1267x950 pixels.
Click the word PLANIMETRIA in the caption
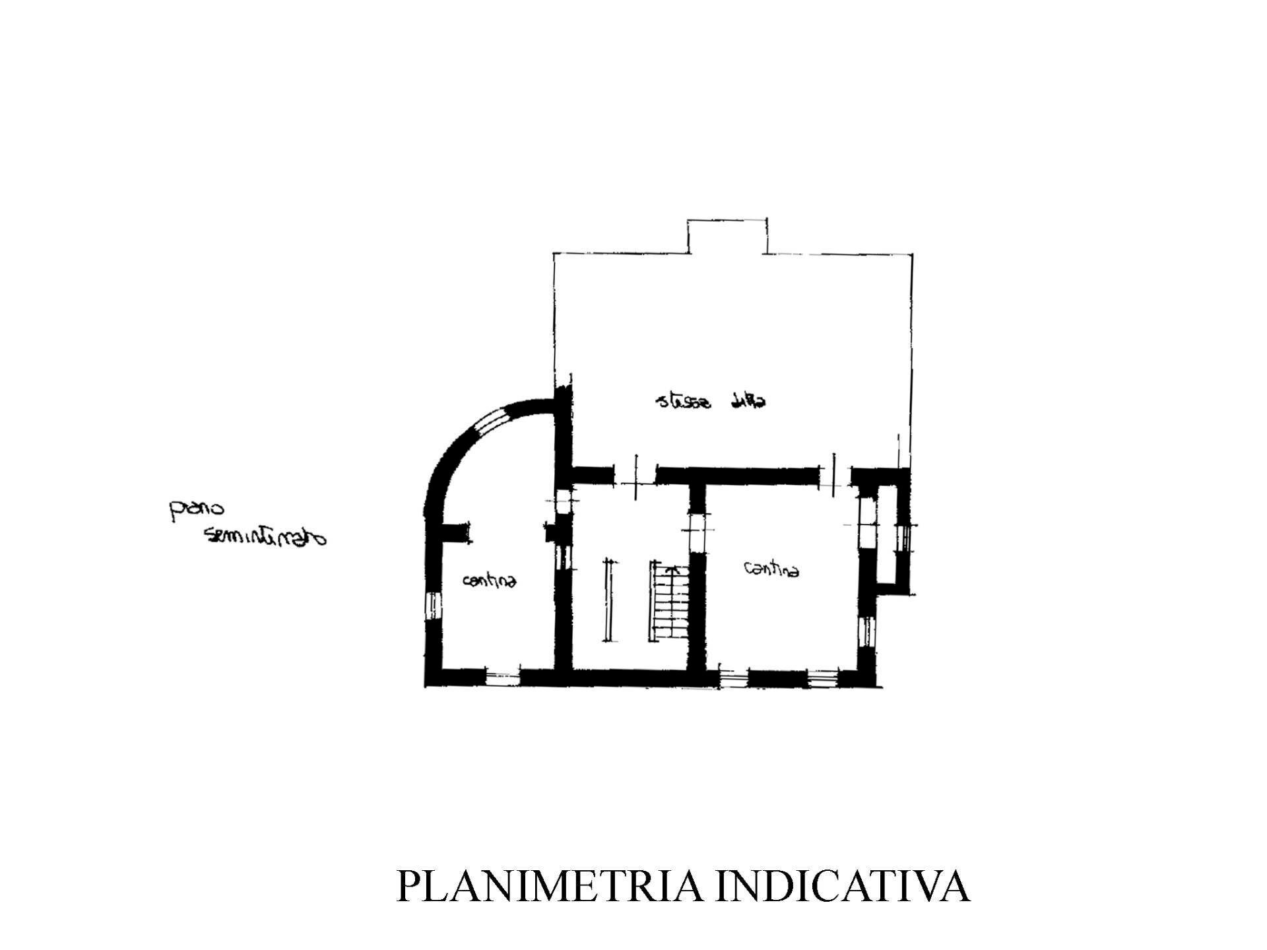click(x=549, y=886)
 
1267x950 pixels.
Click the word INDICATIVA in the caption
click(x=843, y=886)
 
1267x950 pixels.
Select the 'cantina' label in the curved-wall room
click(x=489, y=580)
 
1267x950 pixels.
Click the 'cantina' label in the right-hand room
click(x=771, y=569)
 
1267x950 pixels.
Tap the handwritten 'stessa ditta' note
click(x=712, y=400)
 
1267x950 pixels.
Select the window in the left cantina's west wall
click(x=432, y=604)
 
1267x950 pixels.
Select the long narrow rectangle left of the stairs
click(x=608, y=600)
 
